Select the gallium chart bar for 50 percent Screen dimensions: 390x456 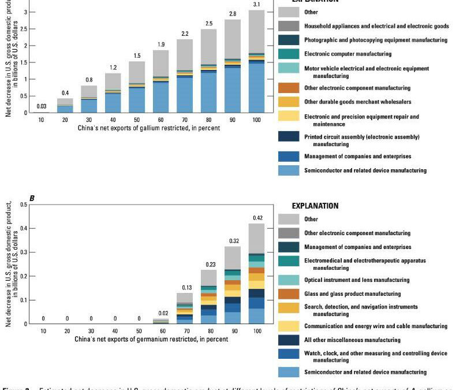tap(137, 87)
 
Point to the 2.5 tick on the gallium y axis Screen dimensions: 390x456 tap(19, 28)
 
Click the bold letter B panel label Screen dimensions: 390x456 tap(32, 198)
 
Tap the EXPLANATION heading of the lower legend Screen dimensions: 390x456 tap(315, 206)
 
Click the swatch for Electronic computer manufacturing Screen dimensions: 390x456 tap(289, 54)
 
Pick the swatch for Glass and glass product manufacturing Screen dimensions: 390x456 tap(289, 294)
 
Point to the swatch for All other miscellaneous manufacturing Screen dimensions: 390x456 tap(289, 339)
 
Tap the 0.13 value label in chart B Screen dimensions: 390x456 tap(186, 287)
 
